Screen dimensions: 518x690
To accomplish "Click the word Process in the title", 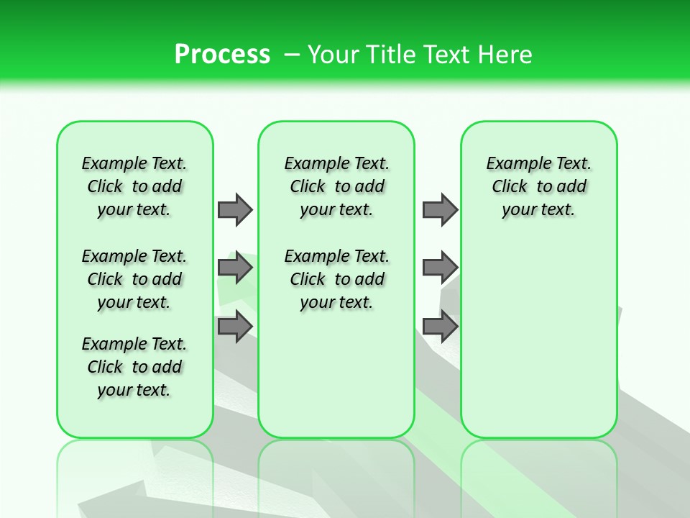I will point(222,54).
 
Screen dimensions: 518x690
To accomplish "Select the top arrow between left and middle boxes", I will point(235,209).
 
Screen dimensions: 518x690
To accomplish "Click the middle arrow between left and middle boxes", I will point(235,268).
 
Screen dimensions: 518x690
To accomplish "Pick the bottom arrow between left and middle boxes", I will point(235,326).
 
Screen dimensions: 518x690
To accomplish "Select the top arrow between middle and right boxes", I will point(440,209).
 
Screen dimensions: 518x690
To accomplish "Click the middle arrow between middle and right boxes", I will point(440,268).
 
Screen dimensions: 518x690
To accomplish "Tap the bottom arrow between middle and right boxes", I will point(440,326).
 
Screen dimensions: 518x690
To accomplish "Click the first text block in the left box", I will point(134,186).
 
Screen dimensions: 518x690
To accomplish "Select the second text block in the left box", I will point(134,279).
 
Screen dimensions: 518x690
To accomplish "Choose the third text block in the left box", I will point(134,367).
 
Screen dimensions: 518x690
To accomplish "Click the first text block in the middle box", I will point(337,186).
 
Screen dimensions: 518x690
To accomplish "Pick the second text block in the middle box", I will point(337,279).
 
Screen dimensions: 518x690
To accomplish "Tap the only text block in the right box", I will point(539,186).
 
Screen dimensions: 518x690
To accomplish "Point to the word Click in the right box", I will point(510,186).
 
